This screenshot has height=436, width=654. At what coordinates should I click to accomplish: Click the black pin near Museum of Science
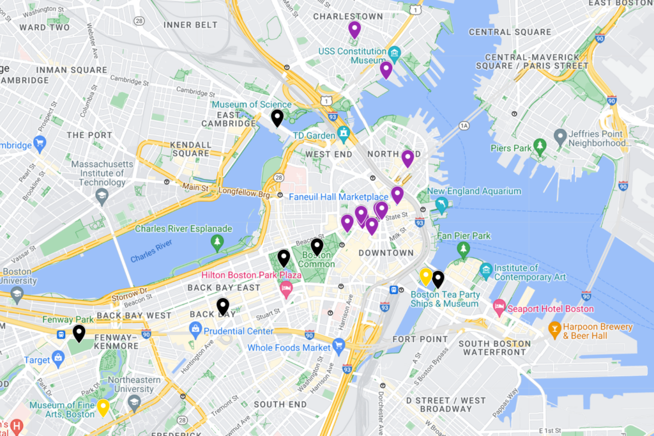coord(277,118)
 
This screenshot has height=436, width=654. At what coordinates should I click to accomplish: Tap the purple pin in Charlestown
coord(354,29)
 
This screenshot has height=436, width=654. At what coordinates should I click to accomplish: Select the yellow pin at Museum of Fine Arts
coord(103,407)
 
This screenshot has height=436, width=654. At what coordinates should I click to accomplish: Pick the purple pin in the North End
coord(407,158)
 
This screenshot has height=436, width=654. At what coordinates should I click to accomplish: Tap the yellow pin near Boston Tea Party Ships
coord(426,276)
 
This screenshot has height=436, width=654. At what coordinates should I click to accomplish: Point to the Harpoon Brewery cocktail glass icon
coord(555,331)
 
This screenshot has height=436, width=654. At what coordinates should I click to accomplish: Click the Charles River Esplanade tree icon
coord(218,242)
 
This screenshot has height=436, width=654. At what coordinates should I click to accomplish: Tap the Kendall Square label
coord(190,148)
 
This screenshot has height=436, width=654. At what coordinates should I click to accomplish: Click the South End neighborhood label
coord(280,405)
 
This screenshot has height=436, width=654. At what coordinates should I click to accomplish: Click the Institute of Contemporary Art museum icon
coord(486,271)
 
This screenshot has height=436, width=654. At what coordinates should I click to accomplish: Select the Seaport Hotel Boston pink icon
coord(499,309)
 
